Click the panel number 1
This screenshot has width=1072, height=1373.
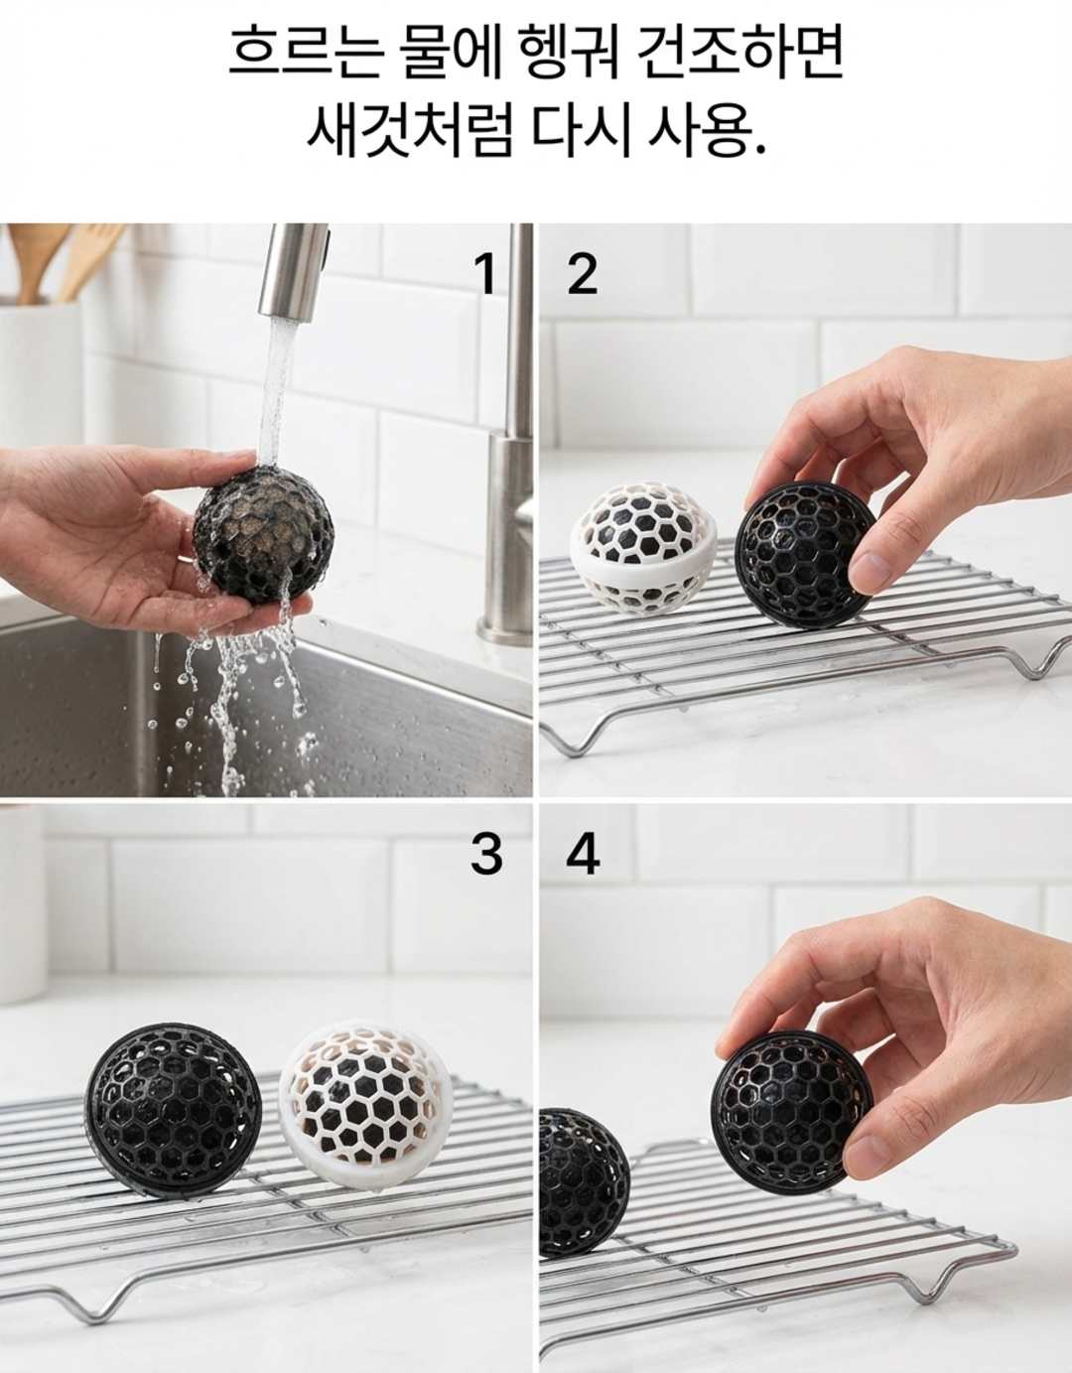click(x=485, y=274)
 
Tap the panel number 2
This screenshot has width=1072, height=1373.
click(x=582, y=274)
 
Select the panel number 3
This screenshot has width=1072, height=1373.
click(x=486, y=855)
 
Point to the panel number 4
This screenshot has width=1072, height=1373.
click(x=583, y=855)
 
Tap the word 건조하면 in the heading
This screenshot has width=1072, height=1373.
click(x=740, y=53)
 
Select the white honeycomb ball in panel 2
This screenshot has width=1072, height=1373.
click(x=644, y=548)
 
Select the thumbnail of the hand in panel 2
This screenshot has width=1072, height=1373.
click(x=870, y=572)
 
